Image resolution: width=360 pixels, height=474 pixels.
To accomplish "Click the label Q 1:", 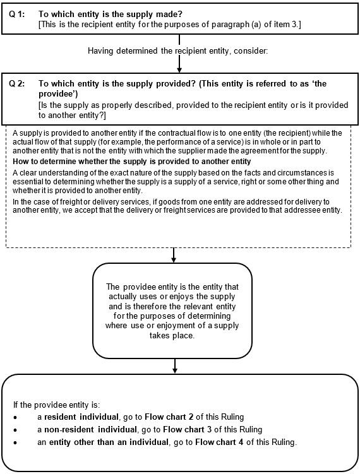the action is click(x=17, y=15).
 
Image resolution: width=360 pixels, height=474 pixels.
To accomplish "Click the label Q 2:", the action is click(x=17, y=84).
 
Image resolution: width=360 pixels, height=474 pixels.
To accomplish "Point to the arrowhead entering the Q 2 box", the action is click(x=179, y=70).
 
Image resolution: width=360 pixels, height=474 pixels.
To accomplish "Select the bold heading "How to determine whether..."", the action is click(x=132, y=162).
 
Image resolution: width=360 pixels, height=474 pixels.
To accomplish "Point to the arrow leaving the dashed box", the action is click(x=174, y=255).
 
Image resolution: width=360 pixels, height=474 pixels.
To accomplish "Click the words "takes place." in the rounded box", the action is click(x=172, y=336).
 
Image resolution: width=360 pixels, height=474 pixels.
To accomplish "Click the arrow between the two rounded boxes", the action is click(x=174, y=366).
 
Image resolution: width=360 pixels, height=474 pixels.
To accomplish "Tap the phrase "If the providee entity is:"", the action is click(x=57, y=405).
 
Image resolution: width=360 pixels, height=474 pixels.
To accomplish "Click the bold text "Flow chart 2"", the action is click(x=169, y=417).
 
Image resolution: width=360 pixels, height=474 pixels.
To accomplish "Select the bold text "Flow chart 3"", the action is click(x=187, y=430).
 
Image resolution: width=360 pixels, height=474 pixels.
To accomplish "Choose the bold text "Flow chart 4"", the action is click(x=219, y=442).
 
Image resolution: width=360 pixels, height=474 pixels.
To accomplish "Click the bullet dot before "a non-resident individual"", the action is click(x=15, y=430).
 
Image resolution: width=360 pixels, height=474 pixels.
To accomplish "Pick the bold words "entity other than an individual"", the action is click(x=109, y=442).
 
